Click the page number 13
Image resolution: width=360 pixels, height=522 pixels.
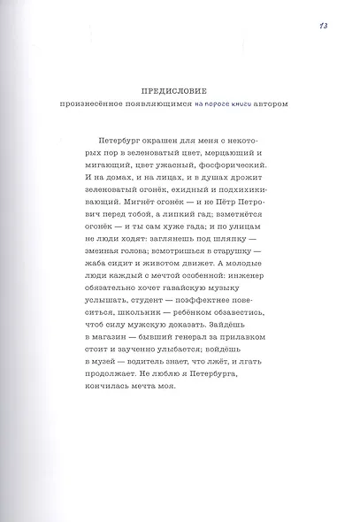click(323, 25)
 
